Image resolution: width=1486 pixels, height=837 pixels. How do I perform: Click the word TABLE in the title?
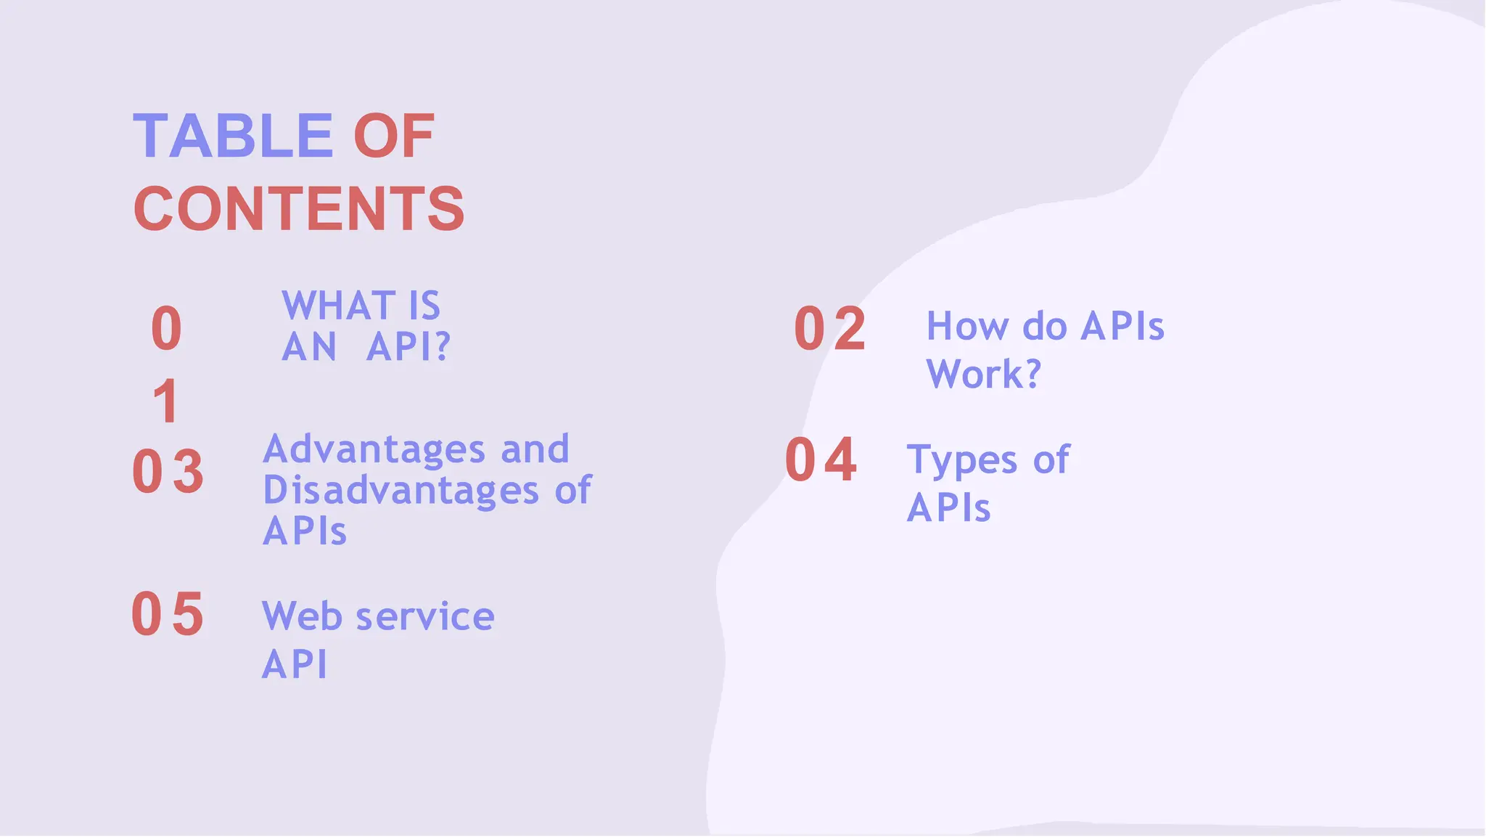tap(233, 136)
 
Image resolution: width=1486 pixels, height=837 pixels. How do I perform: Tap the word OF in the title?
tap(393, 136)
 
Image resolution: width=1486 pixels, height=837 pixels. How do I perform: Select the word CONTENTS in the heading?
tap(298, 209)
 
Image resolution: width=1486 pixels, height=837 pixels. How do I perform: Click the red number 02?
tap(830, 330)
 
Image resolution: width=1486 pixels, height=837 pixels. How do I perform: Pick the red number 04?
tap(821, 460)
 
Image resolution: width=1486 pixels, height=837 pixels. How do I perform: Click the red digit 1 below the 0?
tap(166, 401)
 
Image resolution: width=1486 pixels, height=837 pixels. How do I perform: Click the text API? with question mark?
tap(409, 346)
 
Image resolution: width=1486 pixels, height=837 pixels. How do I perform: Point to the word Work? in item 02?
tap(983, 374)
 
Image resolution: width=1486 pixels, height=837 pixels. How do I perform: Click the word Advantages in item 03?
tap(374, 449)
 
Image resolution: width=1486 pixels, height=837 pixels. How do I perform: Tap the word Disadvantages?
tap(401, 490)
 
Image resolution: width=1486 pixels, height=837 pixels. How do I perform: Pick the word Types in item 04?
tap(962, 460)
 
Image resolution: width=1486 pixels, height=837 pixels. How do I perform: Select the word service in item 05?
tap(425, 616)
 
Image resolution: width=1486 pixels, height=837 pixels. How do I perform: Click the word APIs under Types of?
tap(948, 507)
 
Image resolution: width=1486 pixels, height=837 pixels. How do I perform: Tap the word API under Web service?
tap(294, 664)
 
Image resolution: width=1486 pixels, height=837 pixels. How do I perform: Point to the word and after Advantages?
tap(535, 449)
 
